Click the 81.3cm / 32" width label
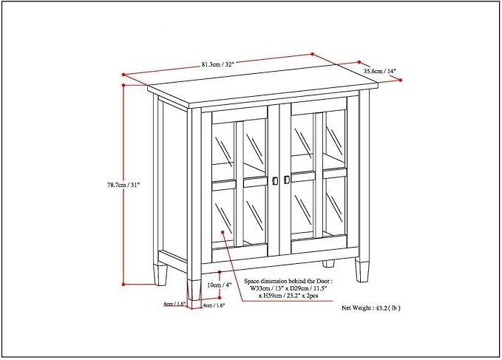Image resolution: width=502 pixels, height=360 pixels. [x=217, y=64]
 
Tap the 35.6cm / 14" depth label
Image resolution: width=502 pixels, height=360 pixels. [x=380, y=71]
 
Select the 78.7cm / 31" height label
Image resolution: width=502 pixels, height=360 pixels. [x=123, y=185]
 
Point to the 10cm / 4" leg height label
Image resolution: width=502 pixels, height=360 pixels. [x=220, y=285]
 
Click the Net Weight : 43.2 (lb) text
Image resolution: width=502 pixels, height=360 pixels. [x=370, y=308]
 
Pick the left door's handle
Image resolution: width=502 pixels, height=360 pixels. [x=275, y=181]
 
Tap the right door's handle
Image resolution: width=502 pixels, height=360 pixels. [x=287, y=180]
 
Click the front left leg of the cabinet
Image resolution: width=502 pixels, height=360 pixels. [x=194, y=290]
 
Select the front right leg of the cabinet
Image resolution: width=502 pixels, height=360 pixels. [x=362, y=271]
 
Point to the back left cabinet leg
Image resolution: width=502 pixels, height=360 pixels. [x=160, y=274]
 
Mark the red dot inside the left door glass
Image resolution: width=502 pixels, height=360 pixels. [x=223, y=231]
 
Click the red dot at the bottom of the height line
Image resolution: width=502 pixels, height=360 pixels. [x=123, y=284]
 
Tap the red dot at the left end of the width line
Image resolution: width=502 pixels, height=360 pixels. [x=123, y=75]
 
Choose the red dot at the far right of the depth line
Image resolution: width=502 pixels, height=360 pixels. [x=401, y=80]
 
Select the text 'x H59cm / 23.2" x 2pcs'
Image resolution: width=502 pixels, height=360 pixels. [x=288, y=296]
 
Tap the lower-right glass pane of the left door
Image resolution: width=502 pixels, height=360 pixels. [x=255, y=213]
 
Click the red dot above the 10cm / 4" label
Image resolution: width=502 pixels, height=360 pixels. [x=220, y=272]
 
